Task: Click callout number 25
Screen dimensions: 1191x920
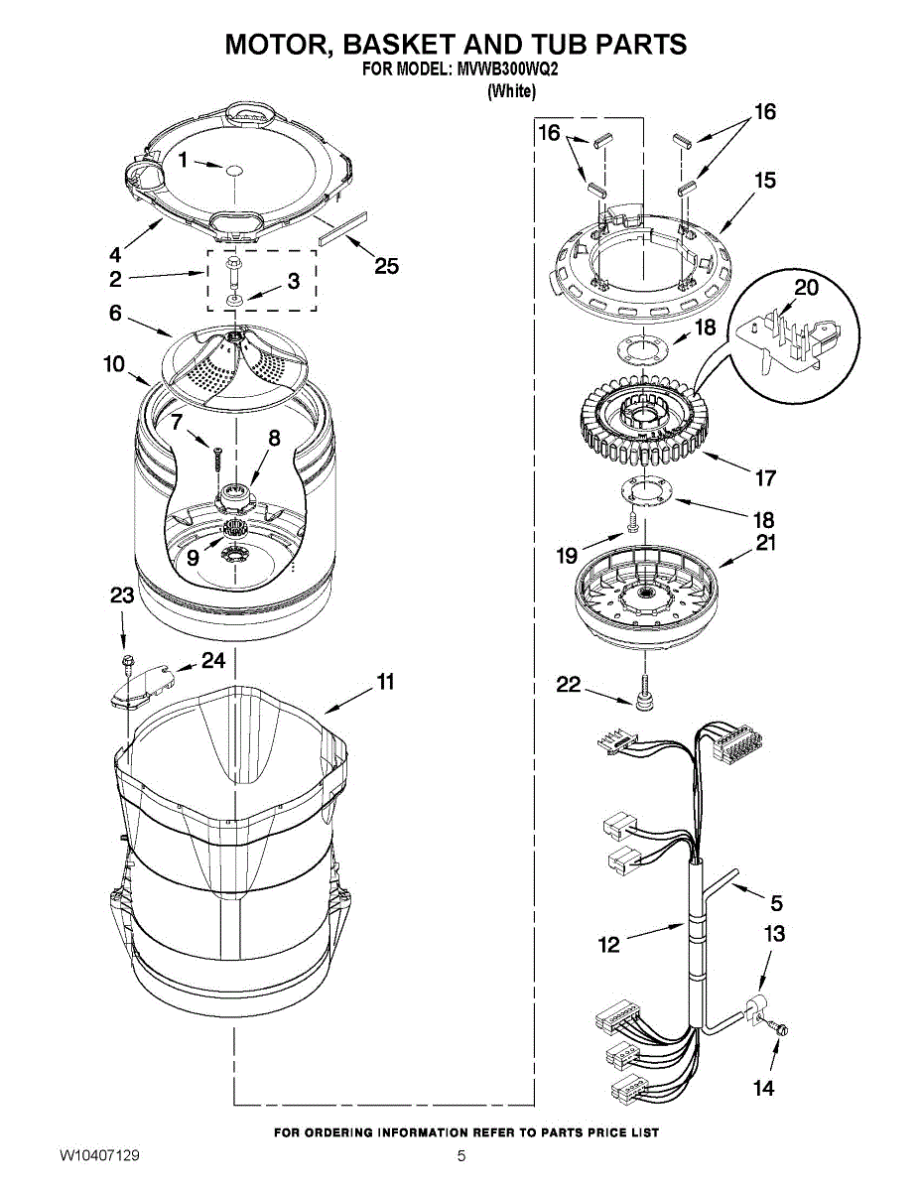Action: (386, 265)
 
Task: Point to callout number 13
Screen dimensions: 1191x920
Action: (774, 934)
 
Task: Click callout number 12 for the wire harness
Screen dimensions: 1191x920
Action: (609, 945)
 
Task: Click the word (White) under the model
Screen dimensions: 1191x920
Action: (512, 91)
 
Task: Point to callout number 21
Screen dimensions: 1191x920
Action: (766, 543)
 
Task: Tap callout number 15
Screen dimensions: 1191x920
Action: (764, 181)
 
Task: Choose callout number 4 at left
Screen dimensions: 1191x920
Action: (115, 252)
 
